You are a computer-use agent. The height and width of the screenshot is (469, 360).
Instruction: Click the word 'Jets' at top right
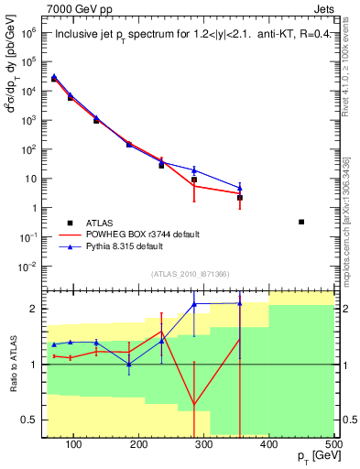[325, 8]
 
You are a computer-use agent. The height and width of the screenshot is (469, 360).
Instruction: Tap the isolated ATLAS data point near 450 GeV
[301, 222]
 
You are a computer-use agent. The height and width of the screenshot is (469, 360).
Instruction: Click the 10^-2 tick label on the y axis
[28, 267]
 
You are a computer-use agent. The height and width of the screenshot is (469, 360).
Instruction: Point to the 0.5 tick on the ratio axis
[30, 420]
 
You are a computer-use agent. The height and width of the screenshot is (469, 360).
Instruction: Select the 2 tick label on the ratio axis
[35, 309]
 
